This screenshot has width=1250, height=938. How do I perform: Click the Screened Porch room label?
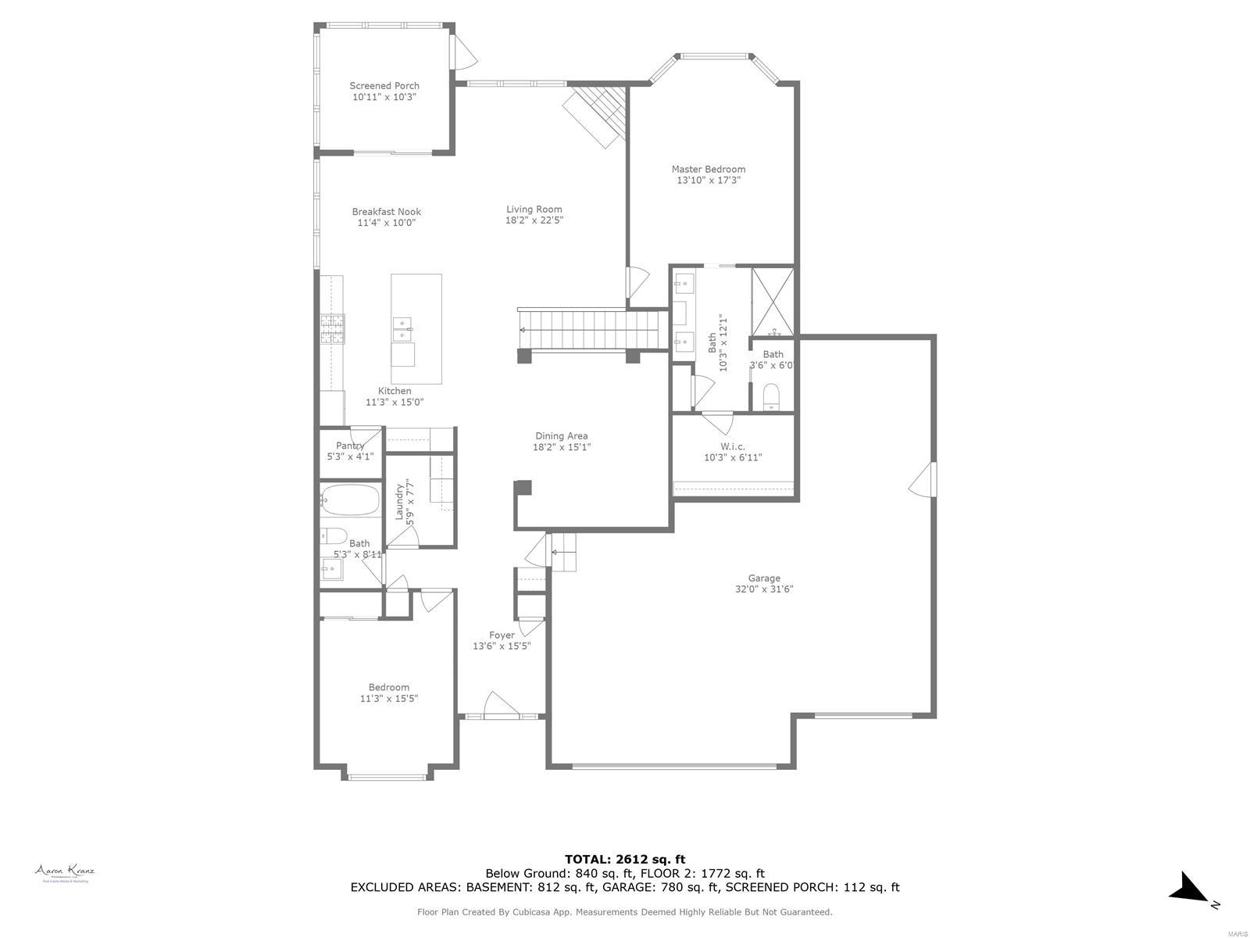tap(384, 86)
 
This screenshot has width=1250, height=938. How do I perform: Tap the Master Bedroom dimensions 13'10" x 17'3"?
tap(708, 181)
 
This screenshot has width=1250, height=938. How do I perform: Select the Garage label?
tap(763, 578)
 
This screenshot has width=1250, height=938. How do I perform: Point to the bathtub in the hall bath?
tap(350, 500)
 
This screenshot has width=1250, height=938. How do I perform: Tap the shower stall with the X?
tap(772, 301)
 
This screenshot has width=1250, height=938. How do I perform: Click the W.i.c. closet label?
tap(733, 446)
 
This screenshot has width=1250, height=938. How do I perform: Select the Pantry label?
tap(350, 446)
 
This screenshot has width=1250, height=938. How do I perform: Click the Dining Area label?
tap(561, 436)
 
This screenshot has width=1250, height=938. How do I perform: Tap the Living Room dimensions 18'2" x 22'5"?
tap(534, 220)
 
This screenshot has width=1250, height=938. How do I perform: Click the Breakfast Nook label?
tap(386, 212)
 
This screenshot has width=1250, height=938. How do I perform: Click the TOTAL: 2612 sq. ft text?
tap(624, 859)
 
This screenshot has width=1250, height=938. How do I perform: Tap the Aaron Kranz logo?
tap(65, 872)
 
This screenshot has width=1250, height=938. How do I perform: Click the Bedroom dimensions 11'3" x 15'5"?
tap(388, 699)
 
